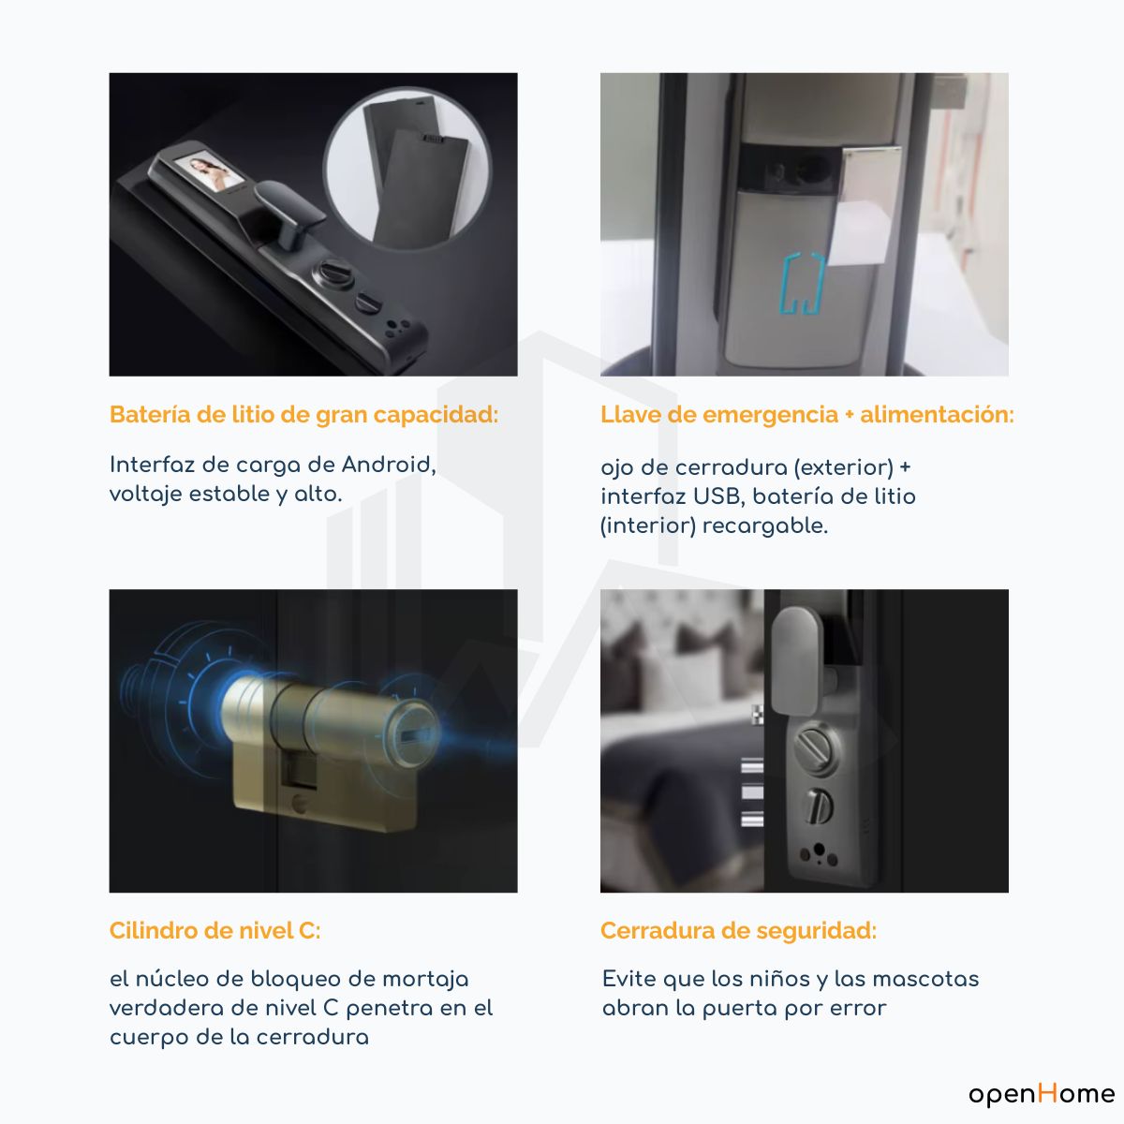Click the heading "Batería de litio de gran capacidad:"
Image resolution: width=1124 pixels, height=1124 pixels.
303,415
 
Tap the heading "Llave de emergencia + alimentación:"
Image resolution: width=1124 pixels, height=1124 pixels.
807,415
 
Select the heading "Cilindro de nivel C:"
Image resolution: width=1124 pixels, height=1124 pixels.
214,930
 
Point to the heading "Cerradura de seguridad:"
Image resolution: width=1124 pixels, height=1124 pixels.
738,930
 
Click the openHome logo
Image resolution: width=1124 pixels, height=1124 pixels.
1042,1093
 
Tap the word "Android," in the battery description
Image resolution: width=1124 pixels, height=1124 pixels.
389,465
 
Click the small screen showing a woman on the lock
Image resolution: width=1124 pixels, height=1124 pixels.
207,170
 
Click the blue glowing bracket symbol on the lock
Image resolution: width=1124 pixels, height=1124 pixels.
802,284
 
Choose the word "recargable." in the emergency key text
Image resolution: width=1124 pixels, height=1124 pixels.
764,526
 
